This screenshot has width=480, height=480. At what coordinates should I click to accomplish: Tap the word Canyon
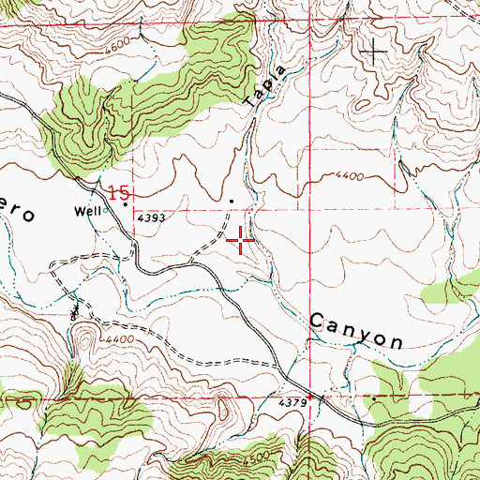point(356,330)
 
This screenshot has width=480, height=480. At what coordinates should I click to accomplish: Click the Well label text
point(89,212)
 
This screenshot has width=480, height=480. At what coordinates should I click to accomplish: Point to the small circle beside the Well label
point(110,210)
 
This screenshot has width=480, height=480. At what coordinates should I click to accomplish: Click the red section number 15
point(117,193)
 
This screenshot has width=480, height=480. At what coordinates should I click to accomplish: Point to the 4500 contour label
point(263,457)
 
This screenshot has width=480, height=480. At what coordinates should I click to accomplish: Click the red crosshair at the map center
point(242,242)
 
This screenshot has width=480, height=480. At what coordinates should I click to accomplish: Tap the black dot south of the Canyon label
point(373,397)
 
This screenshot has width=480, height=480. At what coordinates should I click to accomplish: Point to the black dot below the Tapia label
point(232,200)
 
